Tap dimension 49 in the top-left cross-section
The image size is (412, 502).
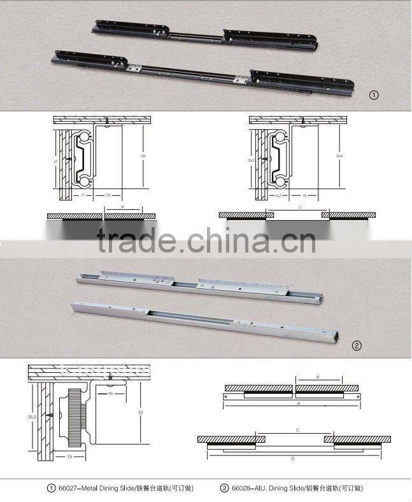point(143,155)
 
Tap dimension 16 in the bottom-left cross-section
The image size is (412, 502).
point(111,394)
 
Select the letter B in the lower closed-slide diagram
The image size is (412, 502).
point(318,377)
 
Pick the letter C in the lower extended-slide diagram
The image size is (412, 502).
point(298,430)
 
